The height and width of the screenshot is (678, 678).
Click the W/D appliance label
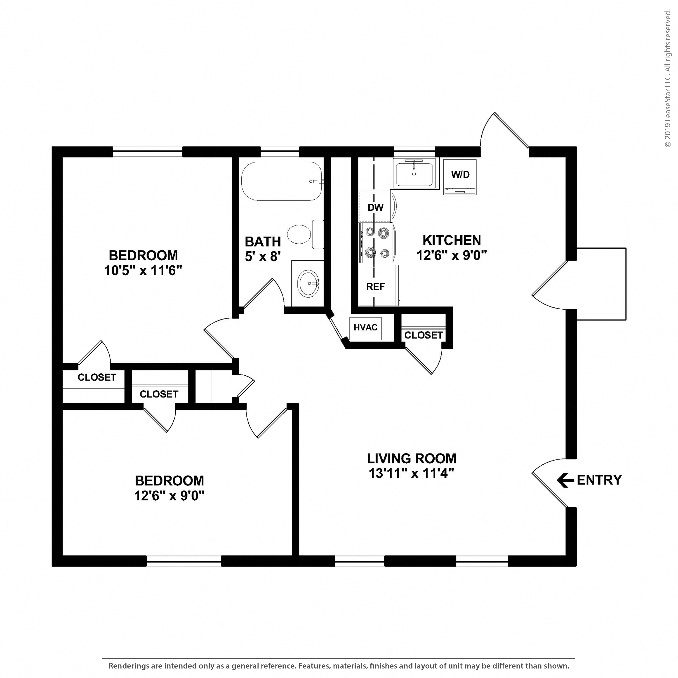pos(460,174)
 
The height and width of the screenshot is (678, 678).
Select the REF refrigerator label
pos(375,287)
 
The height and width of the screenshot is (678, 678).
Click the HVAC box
pos(365,328)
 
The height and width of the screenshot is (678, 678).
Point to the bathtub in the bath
pos(281,181)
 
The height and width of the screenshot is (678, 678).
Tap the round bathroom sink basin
pos(308,284)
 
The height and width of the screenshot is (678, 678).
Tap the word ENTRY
pos(599,480)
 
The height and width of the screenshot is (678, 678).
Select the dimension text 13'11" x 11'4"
pos(411,473)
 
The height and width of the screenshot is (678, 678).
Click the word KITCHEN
pos(451,240)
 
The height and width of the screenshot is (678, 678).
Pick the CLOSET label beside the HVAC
pos(423,335)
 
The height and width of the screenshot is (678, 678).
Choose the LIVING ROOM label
pos(411,458)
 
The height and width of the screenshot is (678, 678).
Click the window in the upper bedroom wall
pos(147,152)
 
